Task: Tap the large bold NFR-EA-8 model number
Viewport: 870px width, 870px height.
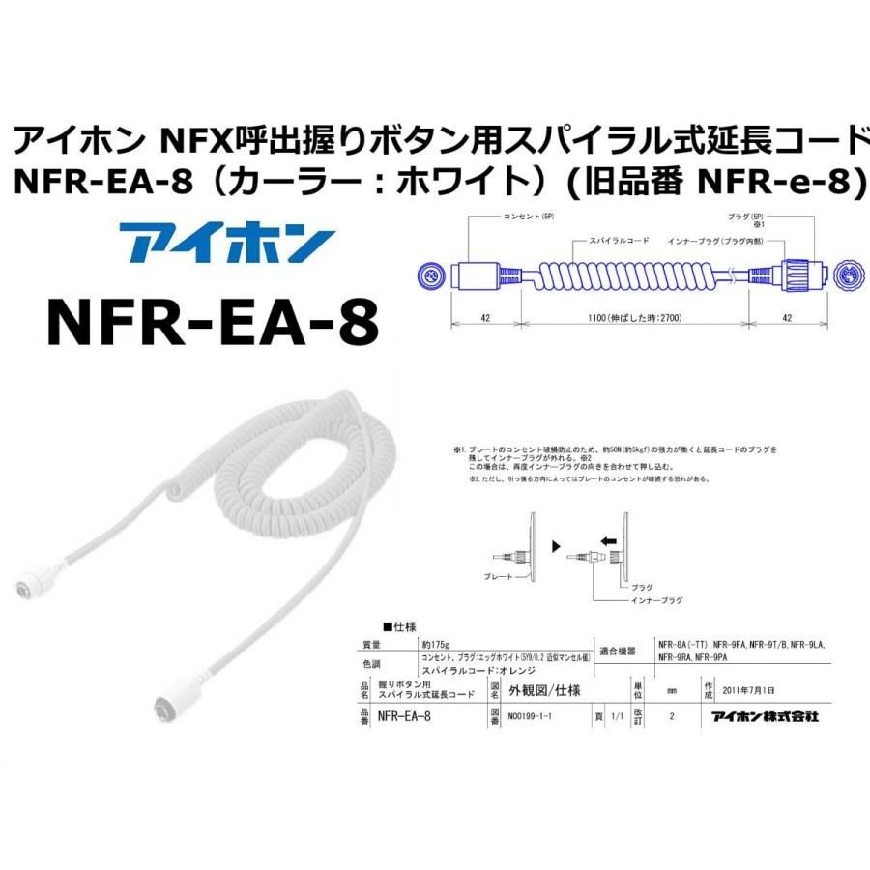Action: click(213, 322)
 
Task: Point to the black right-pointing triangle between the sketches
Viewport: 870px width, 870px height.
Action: click(556, 547)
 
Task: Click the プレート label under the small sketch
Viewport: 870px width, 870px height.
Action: click(496, 576)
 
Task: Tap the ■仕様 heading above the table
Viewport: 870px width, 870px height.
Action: click(399, 626)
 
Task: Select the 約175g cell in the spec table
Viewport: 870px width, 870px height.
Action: click(435, 644)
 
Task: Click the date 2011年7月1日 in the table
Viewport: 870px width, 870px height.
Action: click(749, 691)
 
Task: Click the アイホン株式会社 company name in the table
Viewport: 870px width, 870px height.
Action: click(765, 717)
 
